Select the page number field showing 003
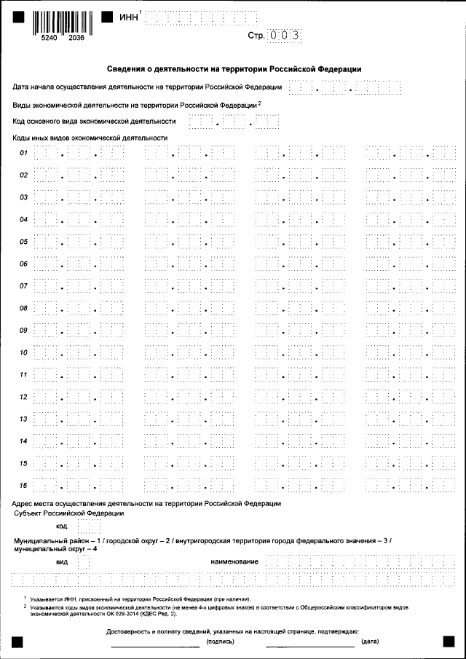[284, 35]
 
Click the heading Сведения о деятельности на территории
[234, 69]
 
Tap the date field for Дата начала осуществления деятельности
[345, 88]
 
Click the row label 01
[23, 153]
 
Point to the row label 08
[23, 308]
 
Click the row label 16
[23, 486]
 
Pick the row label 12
[23, 397]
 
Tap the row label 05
[23, 242]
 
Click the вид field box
[84, 561]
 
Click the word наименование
[234, 561]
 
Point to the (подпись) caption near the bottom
[220, 642]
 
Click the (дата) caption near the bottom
[370, 642]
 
